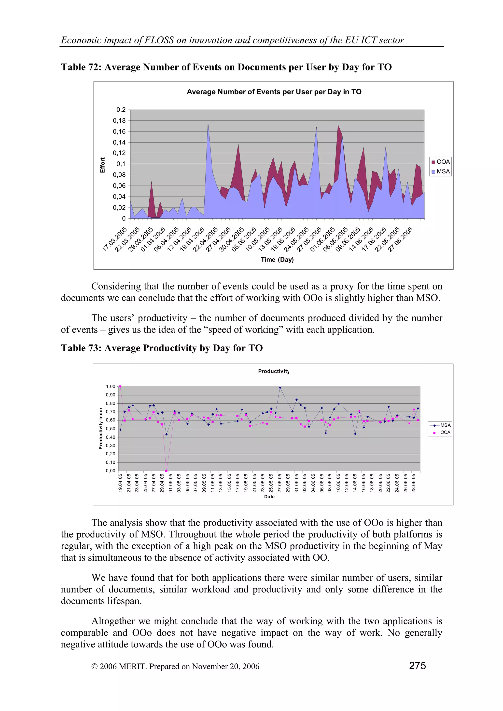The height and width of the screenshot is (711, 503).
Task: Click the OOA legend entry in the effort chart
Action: click(440, 162)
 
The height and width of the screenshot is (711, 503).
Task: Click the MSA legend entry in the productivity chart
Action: click(442, 425)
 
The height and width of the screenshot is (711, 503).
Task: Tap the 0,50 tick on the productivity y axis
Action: click(110, 429)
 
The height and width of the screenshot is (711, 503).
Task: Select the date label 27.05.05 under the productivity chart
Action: click(279, 483)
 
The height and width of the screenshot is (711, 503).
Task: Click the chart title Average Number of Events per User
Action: click(274, 92)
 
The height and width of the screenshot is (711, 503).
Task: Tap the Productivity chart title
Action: click(274, 371)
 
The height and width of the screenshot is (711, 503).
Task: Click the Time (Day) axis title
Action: click(277, 260)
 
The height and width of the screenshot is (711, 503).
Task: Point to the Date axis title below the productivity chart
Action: click(269, 497)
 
